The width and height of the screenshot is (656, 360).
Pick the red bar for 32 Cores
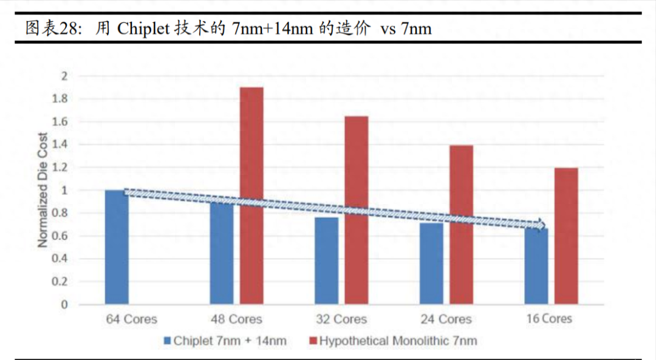356,210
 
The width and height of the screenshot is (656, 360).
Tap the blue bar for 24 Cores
431,264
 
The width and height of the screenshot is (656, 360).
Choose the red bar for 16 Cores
566,236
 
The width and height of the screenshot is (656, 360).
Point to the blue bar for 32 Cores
326,261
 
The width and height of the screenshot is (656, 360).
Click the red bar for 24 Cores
461,225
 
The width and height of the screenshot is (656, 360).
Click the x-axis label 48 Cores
236,319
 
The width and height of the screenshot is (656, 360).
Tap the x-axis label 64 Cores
131,319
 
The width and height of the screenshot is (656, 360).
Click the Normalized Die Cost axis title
43,189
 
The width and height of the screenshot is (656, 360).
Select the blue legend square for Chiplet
167,341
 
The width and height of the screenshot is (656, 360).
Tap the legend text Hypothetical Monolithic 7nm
398,341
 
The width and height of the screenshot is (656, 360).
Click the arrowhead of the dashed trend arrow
539,225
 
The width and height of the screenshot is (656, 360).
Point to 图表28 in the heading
52,29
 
